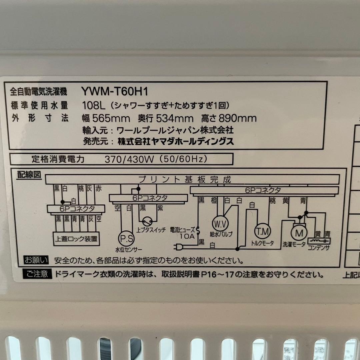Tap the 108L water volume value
pos(94,106)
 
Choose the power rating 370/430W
pos(129,159)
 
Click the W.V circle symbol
pos(220,223)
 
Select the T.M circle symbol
pos(263,231)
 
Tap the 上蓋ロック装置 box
pos(77,239)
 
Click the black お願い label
pos(36,260)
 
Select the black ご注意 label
pos(37,275)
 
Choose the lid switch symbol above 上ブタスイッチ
pos(147,221)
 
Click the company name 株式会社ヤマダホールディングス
pos(176,141)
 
